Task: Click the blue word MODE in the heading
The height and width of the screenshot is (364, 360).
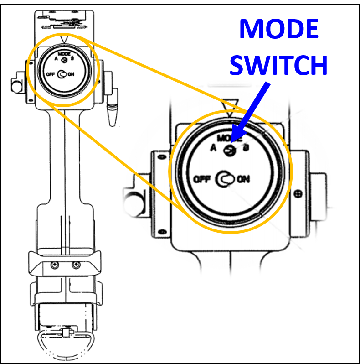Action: point(278,30)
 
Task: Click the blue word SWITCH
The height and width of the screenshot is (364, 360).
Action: point(278,65)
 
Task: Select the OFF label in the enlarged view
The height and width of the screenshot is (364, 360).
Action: point(201,179)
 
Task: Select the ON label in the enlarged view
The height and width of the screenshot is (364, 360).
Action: point(243,179)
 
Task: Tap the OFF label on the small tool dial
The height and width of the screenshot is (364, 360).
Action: point(51,73)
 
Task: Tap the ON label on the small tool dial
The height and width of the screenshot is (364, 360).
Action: point(71,73)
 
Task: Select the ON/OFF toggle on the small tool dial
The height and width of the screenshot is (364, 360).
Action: point(62,73)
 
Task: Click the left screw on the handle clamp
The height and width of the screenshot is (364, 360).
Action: point(55,265)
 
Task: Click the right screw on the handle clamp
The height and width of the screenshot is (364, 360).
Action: point(73,265)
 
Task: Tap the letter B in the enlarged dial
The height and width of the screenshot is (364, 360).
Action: point(246,147)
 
